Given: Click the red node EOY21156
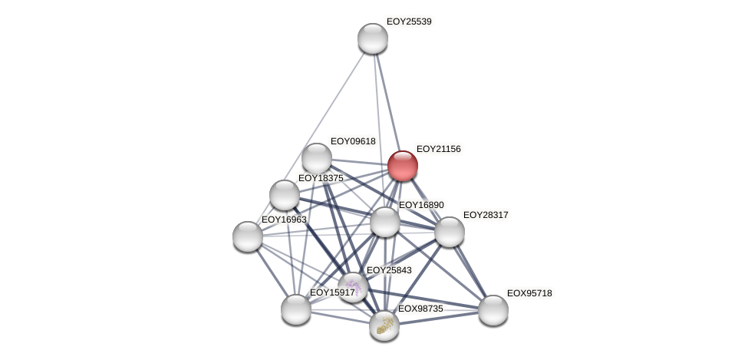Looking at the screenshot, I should click(x=402, y=166).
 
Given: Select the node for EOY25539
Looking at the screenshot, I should click(x=373, y=38).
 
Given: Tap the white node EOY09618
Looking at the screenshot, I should click(x=316, y=158).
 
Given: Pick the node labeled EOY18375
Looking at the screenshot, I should click(x=285, y=195).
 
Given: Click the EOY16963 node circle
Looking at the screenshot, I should click(x=248, y=236).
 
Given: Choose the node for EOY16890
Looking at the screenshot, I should click(x=385, y=222).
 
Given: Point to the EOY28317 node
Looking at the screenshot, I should click(x=450, y=232).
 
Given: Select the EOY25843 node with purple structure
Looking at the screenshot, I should click(x=353, y=286).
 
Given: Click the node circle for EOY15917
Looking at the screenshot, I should click(x=296, y=309).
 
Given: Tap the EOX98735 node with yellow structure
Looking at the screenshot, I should click(x=384, y=325).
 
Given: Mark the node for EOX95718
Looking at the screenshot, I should click(x=493, y=310).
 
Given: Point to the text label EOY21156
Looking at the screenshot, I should click(x=438, y=149).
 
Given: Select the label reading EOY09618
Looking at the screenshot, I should click(x=353, y=141).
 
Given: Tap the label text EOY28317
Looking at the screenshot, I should click(x=486, y=215).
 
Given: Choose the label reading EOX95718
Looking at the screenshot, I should click(x=529, y=293).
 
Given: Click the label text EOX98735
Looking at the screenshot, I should click(x=420, y=309).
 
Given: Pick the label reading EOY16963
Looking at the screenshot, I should click(x=284, y=220).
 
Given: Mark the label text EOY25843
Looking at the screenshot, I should click(x=389, y=270).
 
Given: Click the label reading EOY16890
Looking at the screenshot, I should click(x=421, y=205).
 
